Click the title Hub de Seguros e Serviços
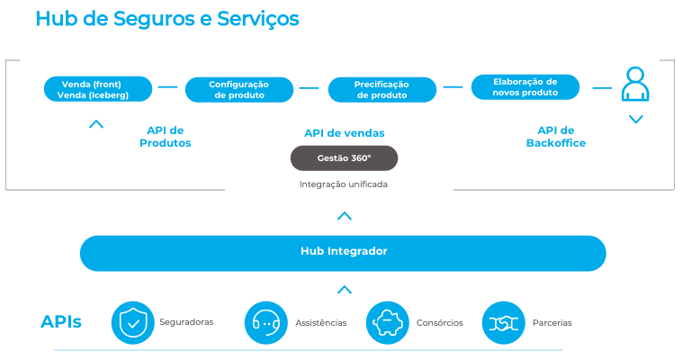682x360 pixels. pos(167,19)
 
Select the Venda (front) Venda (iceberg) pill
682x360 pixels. pos(95,89)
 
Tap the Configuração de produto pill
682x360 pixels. pos(238,89)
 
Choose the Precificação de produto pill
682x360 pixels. pos(381,89)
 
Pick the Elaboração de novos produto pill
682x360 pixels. pos(525,87)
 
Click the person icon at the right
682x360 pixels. pos(635,85)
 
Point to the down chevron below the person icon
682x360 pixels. pos(636,119)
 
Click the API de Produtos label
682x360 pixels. pos(165,137)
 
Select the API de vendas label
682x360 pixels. pos(344,133)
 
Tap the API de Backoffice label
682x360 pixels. pos(555,137)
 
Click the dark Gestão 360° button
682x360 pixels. pos(344,158)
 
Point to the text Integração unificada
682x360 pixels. pos(344,184)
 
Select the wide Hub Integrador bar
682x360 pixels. pos(343,252)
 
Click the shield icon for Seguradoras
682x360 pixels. pos(133,322)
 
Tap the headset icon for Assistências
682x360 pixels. pos(265,322)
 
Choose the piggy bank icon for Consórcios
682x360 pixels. pos(388,322)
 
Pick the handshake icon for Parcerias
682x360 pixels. pos(504,322)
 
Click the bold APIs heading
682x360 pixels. pos(61,322)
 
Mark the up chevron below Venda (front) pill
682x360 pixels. pos(96,124)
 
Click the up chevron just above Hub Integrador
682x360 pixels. pos(344,216)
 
